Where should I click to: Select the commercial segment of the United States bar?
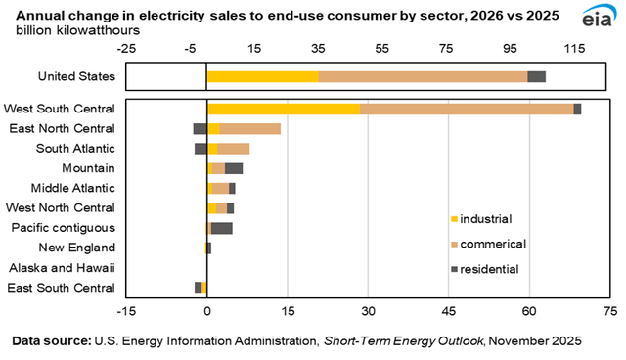click(x=423, y=76)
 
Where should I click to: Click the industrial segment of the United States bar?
click(x=262, y=76)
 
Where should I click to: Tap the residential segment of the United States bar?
click(x=536, y=76)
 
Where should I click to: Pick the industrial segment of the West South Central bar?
click(x=283, y=109)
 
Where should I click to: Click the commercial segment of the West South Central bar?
click(x=467, y=109)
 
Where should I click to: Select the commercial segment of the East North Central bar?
click(x=250, y=128)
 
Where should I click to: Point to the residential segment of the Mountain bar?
click(x=234, y=168)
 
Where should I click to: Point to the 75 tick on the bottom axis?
click(x=609, y=312)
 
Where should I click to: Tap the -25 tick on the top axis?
click(x=126, y=48)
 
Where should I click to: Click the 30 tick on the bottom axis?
click(x=368, y=312)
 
